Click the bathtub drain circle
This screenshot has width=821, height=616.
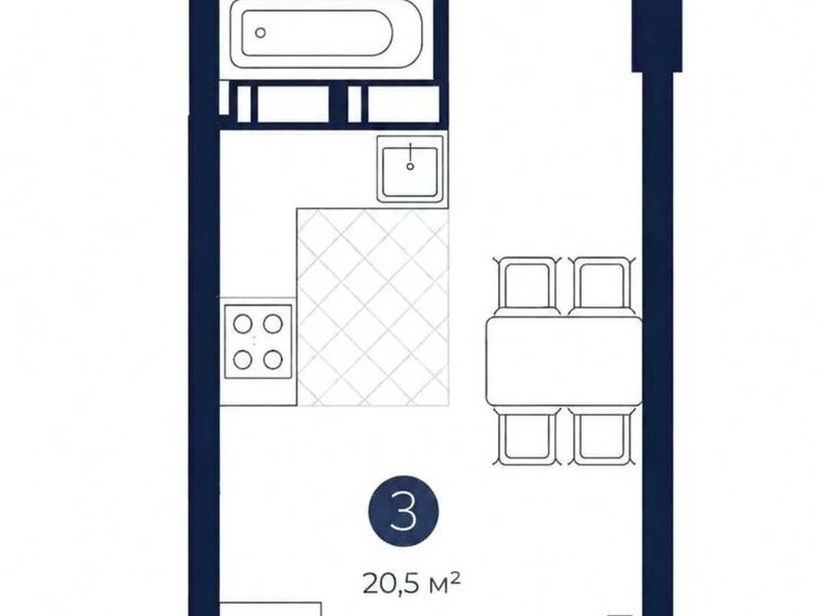pos(261,33)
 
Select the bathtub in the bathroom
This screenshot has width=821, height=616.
pos(326,34)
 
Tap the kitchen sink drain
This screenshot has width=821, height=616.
pos(410,166)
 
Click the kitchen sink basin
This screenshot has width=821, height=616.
pos(410,172)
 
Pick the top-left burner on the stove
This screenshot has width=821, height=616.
pos(243,324)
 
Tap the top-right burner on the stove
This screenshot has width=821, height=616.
pos(273,324)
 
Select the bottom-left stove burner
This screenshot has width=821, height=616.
pos(243,360)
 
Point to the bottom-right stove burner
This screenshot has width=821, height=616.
pos(273,360)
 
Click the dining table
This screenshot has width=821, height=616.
pos(564,361)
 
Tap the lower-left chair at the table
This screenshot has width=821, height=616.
pos(527,436)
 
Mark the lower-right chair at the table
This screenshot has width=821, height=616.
pos(602,436)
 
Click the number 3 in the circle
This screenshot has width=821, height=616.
pos(403,511)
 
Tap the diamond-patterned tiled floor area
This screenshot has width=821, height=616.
pos(373,307)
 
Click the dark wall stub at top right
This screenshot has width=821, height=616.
pos(657,36)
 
